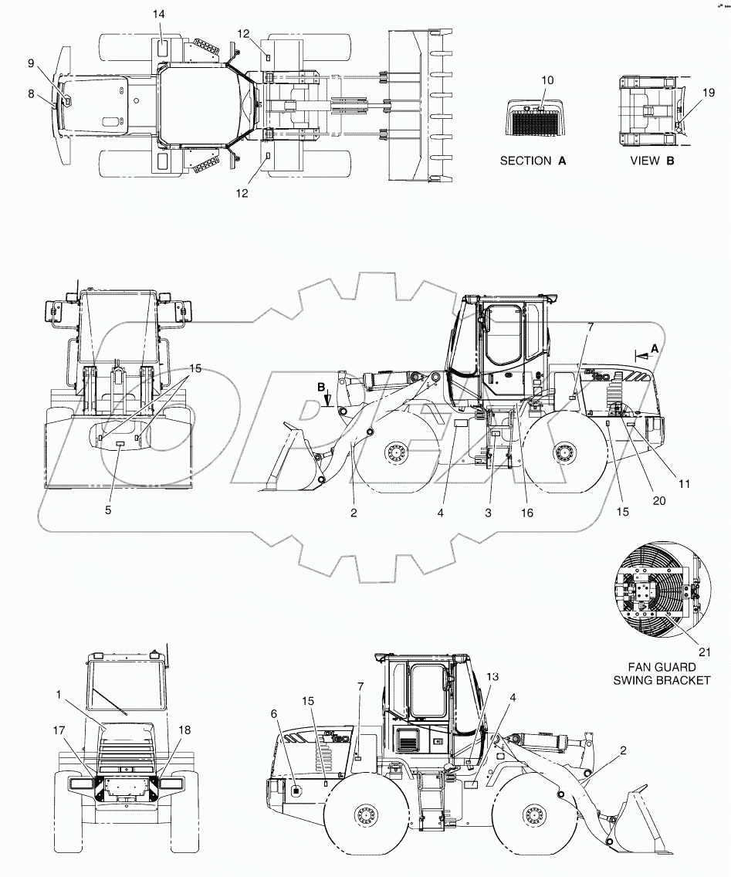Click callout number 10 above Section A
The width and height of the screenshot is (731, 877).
pos(547,80)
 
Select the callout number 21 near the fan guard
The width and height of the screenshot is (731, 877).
pos(703,651)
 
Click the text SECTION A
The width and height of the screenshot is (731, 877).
pos(533,161)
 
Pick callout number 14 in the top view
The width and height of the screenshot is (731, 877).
pos(158,15)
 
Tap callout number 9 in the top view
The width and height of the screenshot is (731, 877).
pos(52,63)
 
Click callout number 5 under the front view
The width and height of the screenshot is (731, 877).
pos(109,510)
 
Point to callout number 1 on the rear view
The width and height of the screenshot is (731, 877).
pos(58,694)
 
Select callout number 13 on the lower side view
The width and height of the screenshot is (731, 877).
pos(492,676)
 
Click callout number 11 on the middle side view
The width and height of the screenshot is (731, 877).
pos(684,484)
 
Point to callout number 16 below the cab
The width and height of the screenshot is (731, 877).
pos(528,512)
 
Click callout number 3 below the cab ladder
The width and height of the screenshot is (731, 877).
pos(488,512)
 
